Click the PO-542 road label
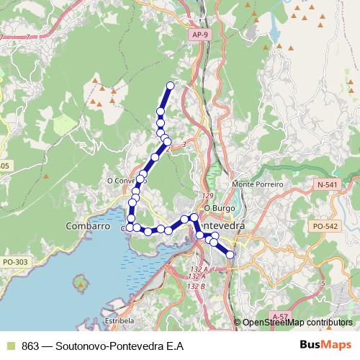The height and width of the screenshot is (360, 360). click(x=325, y=226)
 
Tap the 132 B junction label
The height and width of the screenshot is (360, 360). click(x=197, y=287)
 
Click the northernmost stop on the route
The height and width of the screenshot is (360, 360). click(x=171, y=86)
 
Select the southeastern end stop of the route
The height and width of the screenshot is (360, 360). click(x=230, y=253)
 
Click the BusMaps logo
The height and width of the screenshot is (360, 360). click(x=325, y=346)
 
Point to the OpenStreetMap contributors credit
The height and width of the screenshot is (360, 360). click(x=297, y=323)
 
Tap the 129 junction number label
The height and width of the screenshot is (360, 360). click(x=208, y=196)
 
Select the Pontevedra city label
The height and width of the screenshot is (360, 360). click(x=222, y=226)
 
